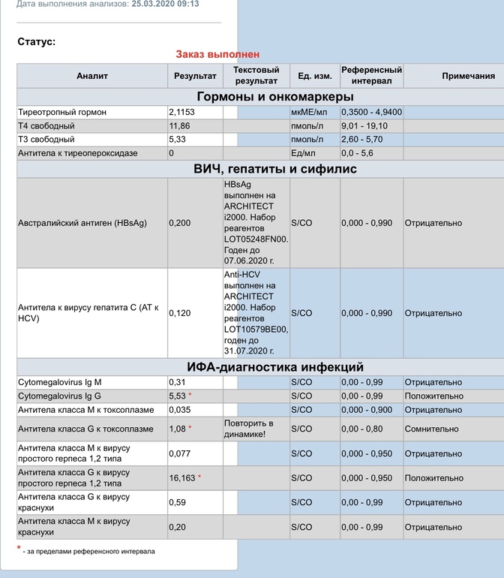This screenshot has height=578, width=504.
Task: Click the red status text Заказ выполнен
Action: coord(217,54)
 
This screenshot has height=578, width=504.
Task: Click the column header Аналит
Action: coord(92,76)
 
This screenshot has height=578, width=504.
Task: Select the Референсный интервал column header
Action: coord(371,75)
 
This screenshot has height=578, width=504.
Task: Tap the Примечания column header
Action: coord(468,76)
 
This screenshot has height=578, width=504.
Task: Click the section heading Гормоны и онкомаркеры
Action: coord(275,97)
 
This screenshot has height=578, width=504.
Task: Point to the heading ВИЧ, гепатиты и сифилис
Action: coord(275,169)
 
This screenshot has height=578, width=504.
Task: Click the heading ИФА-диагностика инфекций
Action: coord(275,367)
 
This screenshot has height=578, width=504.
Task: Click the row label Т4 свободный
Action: coord(46,125)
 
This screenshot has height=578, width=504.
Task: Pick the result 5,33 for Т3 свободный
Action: coord(178,139)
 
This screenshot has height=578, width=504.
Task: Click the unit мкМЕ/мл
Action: coord(310,112)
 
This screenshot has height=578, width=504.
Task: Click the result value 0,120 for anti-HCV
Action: coord(179,313)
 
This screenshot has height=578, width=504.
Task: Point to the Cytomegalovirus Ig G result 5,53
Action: coord(178,396)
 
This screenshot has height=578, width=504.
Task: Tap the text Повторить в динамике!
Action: coord(248,429)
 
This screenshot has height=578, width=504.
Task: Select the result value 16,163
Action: coord(183,478)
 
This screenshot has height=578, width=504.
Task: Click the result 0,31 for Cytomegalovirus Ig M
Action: coord(177,382)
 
